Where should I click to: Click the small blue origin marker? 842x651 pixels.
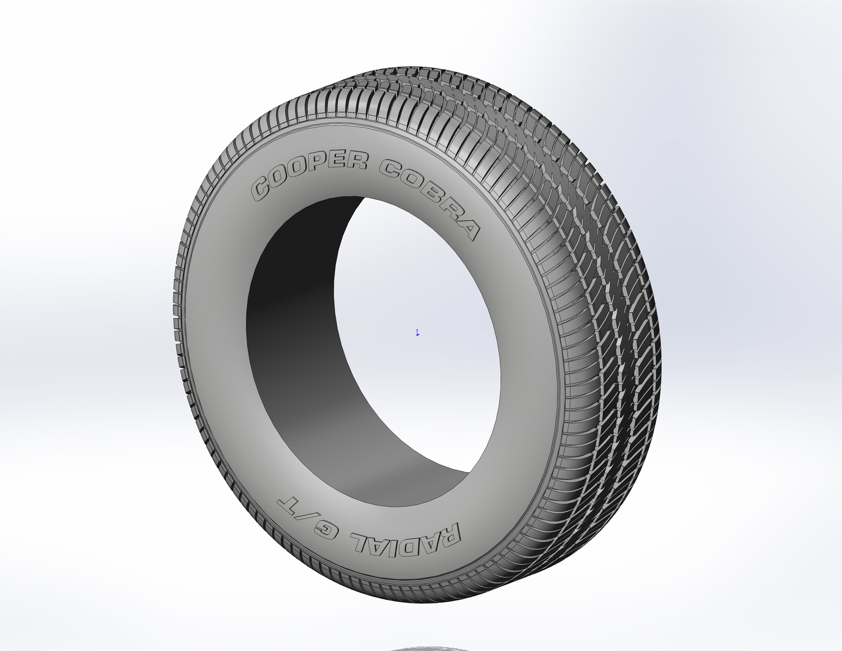point(418,333)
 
